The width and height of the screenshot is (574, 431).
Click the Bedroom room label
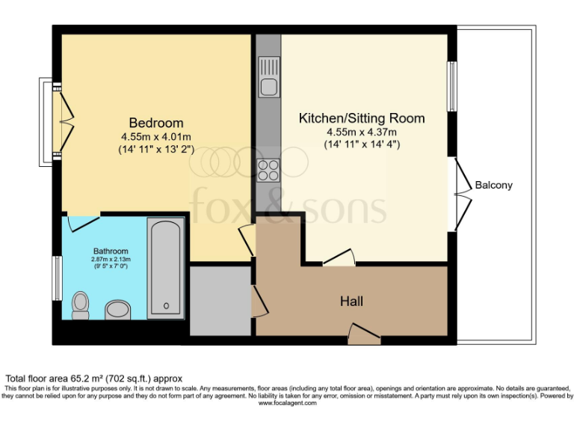click(155, 123)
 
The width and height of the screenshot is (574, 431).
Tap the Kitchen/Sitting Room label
click(362, 118)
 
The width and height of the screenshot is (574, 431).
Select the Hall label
click(351, 302)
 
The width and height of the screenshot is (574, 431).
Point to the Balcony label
click(494, 185)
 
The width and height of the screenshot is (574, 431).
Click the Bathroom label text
click(111, 251)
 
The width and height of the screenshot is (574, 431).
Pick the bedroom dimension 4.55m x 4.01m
click(155, 136)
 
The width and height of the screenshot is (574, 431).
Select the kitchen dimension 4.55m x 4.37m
click(362, 132)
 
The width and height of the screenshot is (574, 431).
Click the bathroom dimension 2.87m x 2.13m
click(111, 259)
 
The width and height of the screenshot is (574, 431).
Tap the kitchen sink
click(269, 78)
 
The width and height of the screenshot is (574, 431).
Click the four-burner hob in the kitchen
click(268, 171)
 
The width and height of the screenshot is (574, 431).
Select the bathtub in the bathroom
click(165, 268)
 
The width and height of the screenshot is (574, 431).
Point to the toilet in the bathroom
click(81, 305)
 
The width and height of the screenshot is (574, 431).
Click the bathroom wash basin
click(118, 308)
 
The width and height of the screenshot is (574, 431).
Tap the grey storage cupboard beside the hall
click(220, 300)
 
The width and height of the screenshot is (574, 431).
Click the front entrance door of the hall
click(363, 334)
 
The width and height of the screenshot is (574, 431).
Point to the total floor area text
click(94, 379)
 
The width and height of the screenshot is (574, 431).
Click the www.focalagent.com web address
click(287, 403)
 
